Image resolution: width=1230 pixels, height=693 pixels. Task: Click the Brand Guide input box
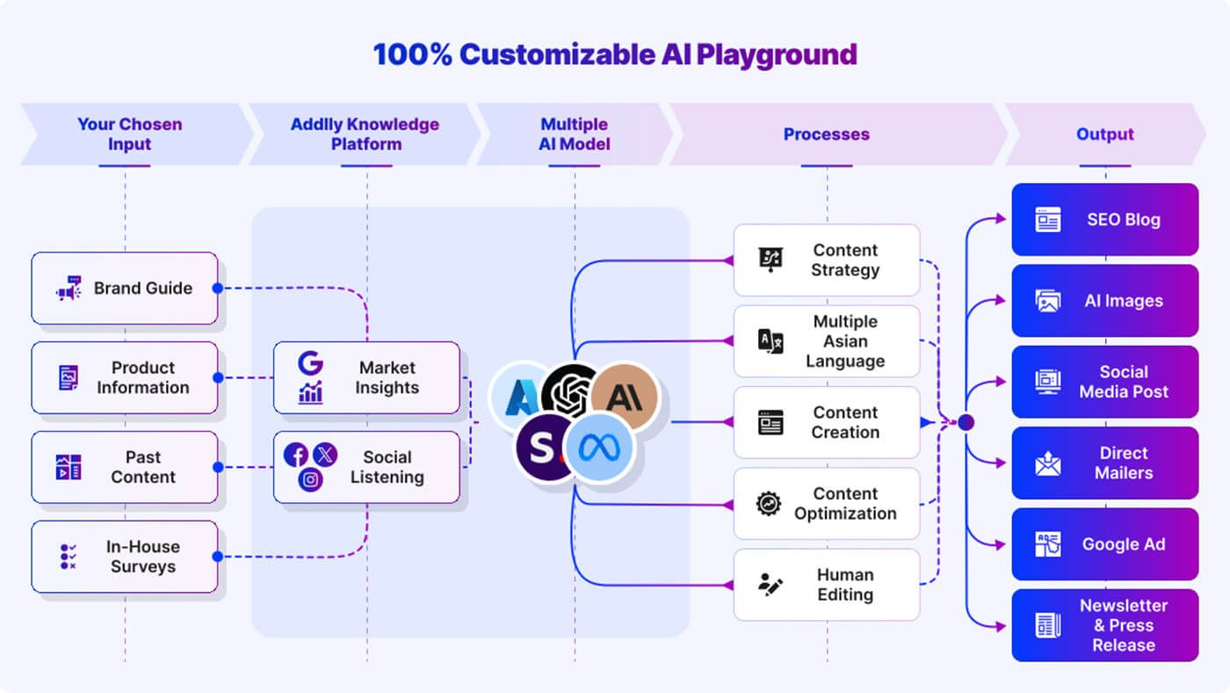(125, 288)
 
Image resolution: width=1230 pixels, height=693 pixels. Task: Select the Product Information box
(125, 378)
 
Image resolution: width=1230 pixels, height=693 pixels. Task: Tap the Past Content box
(125, 467)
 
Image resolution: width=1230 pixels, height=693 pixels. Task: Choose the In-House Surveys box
(125, 557)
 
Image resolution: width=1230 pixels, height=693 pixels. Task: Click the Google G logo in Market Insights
(309, 363)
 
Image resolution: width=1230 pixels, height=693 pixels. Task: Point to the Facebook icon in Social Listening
(296, 455)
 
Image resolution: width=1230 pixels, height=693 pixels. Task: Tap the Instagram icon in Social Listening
(310, 479)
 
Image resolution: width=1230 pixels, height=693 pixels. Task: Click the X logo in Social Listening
(325, 455)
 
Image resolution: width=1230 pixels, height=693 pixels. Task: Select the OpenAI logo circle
(569, 392)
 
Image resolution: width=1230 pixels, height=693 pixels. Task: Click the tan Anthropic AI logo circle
(625, 398)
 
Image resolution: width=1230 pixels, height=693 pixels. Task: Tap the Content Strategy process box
(826, 260)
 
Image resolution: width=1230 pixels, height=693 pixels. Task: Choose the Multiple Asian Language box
(826, 341)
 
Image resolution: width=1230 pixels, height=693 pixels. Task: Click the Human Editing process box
(826, 585)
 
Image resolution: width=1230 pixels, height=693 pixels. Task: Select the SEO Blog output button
(1104, 220)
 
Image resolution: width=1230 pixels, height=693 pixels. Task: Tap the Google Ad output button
(1104, 544)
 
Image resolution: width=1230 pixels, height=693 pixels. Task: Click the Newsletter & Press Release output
(1104, 625)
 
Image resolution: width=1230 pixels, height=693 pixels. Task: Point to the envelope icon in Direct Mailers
(1047, 463)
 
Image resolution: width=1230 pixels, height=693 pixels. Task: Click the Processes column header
(826, 135)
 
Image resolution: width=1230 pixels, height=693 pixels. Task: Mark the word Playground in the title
(777, 55)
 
